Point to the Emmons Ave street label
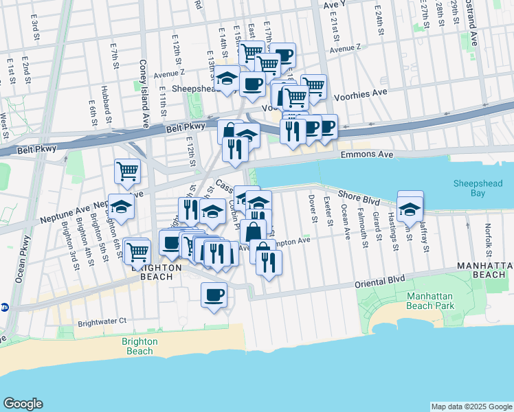pos(367,155)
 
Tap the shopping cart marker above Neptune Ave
pos(127,171)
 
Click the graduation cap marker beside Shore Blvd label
pos(410,207)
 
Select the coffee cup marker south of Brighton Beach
pos(214,295)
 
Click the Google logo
pos(23,404)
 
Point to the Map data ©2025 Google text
pos(471,407)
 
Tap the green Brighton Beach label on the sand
pos(139,346)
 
